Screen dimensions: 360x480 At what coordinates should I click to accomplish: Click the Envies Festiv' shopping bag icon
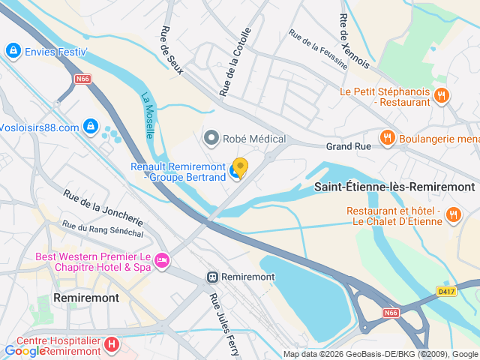[12, 51]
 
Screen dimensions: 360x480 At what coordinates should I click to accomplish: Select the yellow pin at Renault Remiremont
[240, 167]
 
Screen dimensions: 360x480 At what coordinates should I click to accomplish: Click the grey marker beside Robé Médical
[211, 138]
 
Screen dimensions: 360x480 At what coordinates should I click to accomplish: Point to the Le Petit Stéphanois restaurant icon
[442, 95]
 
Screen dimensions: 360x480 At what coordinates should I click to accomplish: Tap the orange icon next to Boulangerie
[388, 137]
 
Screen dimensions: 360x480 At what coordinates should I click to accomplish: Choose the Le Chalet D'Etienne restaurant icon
[453, 216]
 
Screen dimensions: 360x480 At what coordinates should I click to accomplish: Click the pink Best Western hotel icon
[162, 260]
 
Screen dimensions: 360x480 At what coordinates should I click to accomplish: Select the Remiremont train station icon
[214, 277]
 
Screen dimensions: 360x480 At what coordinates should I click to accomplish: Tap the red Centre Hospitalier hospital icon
[111, 345]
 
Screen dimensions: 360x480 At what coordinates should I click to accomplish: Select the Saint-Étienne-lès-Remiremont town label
[394, 187]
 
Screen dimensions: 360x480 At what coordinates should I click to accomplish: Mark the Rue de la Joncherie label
[103, 208]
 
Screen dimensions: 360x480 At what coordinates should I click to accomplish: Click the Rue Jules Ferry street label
[223, 325]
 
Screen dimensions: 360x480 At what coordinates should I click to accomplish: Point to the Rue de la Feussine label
[318, 49]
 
